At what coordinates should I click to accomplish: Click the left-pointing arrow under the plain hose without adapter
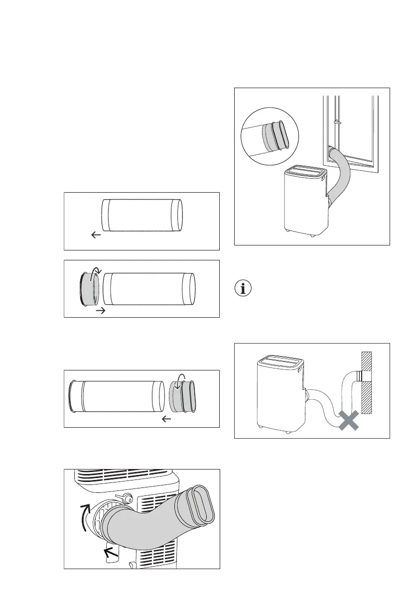[96, 235]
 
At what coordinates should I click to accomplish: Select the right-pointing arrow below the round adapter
[100, 310]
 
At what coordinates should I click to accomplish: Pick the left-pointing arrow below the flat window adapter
[167, 419]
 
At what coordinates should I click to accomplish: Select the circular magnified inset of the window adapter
[269, 137]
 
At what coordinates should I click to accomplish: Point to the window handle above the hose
[337, 120]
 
